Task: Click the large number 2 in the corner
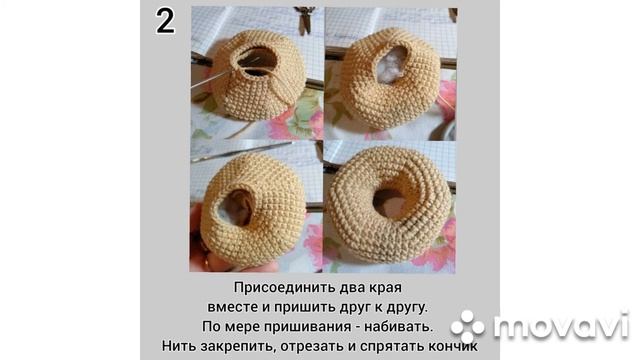coord(165,21)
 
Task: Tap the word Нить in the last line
coord(181,346)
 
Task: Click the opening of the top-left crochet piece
coord(257,60)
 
